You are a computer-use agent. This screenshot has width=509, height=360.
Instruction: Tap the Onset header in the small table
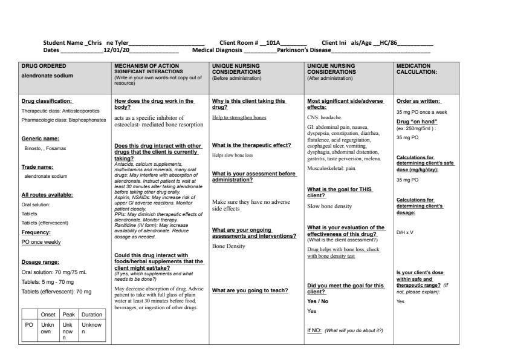47,315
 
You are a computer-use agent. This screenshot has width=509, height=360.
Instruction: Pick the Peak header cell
68,315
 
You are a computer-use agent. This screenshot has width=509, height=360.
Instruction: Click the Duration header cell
92,315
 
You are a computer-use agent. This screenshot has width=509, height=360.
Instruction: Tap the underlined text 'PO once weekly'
41,242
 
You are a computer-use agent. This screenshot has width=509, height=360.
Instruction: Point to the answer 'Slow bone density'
329,206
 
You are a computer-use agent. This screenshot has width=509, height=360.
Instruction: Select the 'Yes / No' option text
317,301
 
